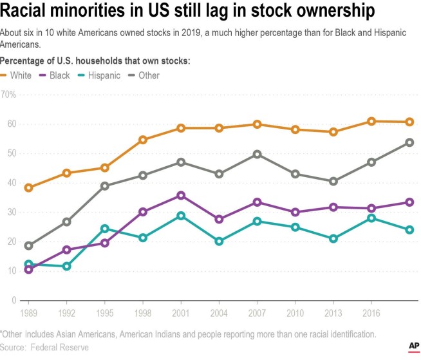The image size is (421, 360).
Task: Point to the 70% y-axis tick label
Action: pyautogui.click(x=9, y=95)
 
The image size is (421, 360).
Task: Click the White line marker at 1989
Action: pyautogui.click(x=28, y=187)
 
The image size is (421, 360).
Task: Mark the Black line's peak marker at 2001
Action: pyautogui.click(x=181, y=195)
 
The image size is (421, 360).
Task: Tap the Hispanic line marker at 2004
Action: pyautogui.click(x=219, y=242)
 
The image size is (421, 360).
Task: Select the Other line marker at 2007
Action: pyautogui.click(x=257, y=154)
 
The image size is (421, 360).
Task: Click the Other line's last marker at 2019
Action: pyautogui.click(x=409, y=142)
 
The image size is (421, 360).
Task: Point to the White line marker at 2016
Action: pyautogui.click(x=371, y=121)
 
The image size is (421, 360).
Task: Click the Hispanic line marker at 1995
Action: pyautogui.click(x=104, y=229)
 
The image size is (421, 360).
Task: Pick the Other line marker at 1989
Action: pyautogui.click(x=28, y=245)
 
